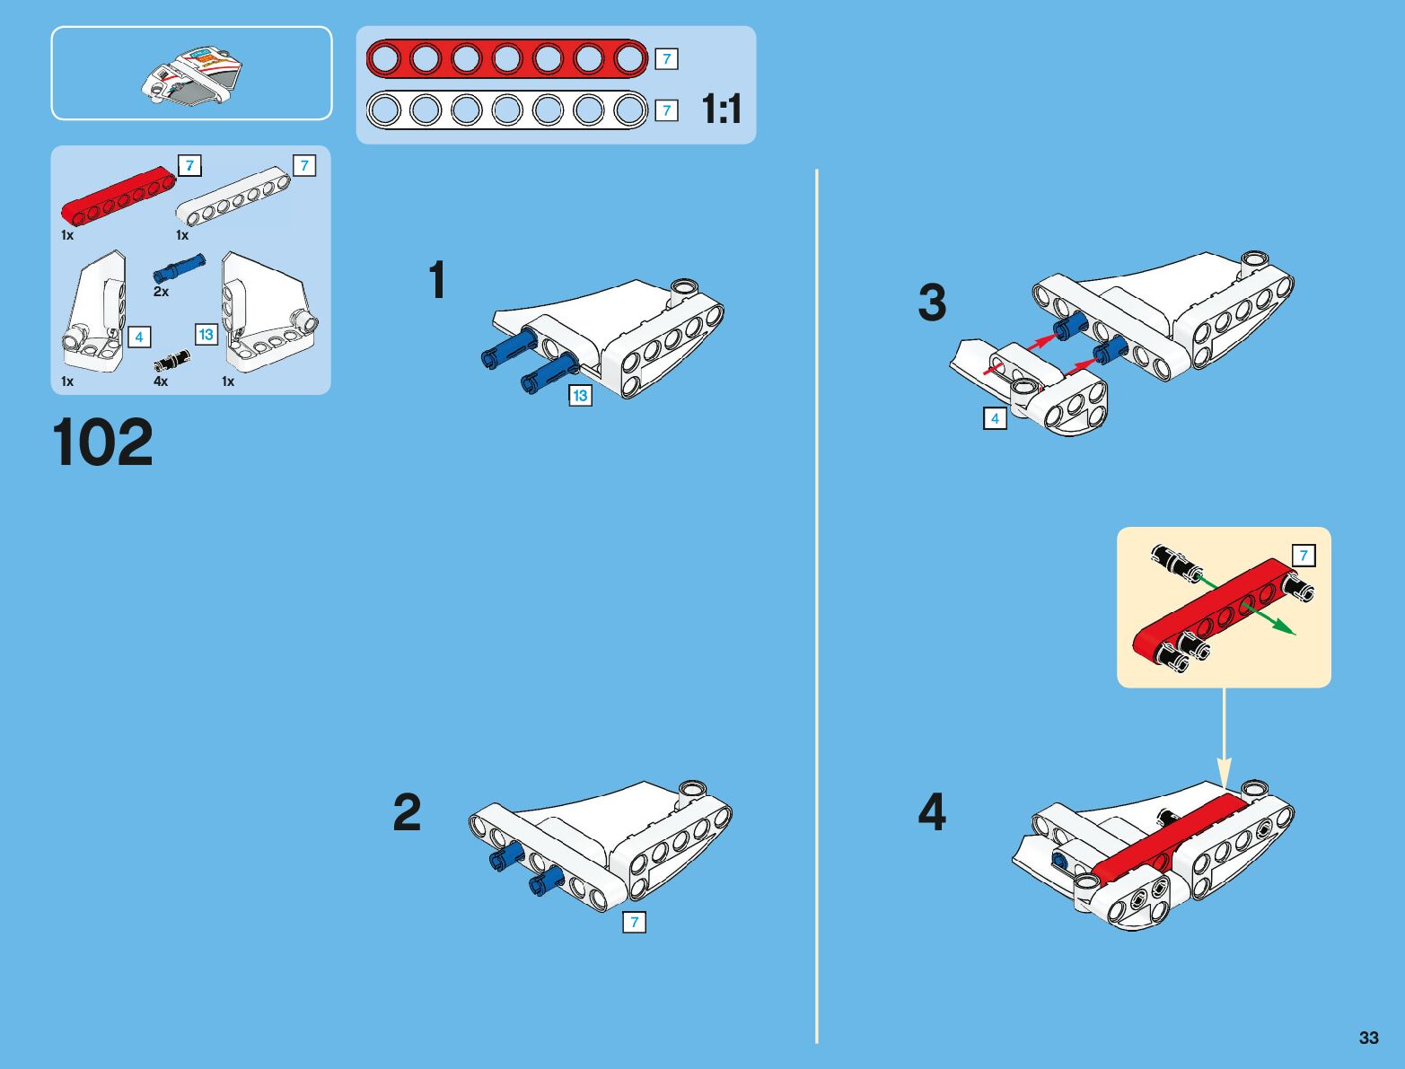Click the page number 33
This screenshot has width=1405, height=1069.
1368,1037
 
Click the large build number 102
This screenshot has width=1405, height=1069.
102,442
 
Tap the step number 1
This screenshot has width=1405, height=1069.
437,279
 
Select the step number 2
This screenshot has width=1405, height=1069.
407,811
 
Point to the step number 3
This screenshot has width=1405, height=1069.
932,302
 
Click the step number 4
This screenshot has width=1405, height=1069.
932,811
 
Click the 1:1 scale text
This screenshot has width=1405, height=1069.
722,109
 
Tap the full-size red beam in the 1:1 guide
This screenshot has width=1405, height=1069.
507,59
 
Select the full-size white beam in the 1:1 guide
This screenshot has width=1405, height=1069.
507,110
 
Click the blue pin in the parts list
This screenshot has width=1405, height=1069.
180,268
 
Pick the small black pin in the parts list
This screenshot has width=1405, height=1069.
172,361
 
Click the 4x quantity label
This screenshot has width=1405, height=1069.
161,381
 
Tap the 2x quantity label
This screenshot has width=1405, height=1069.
161,292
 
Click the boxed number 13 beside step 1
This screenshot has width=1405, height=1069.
580,395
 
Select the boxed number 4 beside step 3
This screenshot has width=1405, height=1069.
995,418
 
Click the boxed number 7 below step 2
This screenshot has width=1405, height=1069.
635,922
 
